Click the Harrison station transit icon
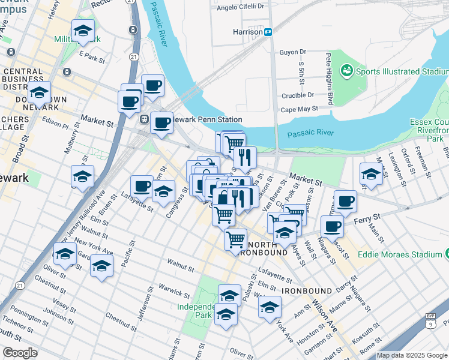(x=268, y=31)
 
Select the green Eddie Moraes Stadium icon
(x=446, y=254)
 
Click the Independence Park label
(x=195, y=311)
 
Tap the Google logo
(x=20, y=353)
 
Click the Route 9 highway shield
(x=430, y=322)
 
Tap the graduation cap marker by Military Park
(x=83, y=31)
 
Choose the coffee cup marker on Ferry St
(x=331, y=227)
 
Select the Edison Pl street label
(x=56, y=121)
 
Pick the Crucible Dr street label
(x=298, y=95)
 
